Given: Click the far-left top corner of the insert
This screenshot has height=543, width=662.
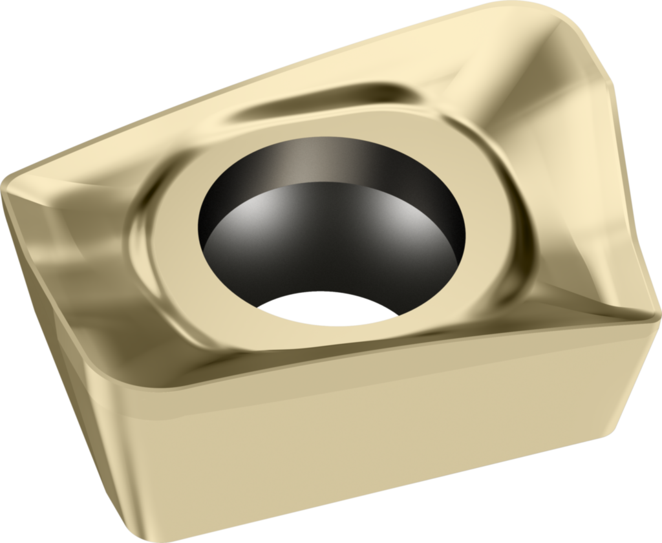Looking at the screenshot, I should click(8, 181).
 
